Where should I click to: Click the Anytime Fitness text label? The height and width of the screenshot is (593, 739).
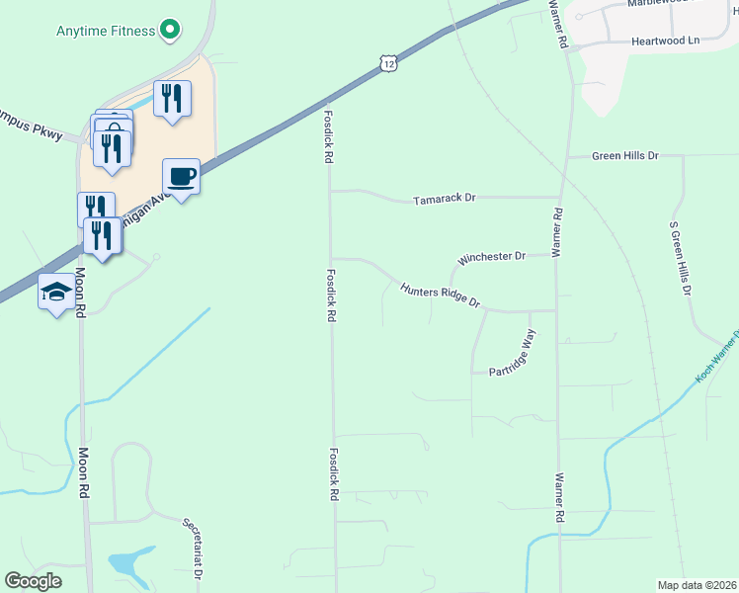[105, 31]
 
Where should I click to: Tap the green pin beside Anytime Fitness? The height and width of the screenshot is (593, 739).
[170, 30]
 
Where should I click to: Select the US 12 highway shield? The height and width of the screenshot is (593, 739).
[389, 63]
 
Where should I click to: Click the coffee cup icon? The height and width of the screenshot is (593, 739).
[182, 177]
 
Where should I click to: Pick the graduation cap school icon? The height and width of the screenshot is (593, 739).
[55, 292]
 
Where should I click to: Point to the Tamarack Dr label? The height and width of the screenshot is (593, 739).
[444, 199]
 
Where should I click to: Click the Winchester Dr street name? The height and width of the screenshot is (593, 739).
[491, 258]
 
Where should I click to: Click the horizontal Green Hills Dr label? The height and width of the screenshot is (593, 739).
[624, 156]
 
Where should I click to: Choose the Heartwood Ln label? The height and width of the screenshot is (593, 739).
[665, 42]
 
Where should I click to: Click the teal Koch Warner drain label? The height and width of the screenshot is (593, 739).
[718, 360]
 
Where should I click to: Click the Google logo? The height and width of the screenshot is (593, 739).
[33, 581]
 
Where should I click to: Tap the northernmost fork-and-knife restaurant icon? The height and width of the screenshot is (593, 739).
[173, 97]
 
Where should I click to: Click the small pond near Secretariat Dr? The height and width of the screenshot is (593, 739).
[125, 563]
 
